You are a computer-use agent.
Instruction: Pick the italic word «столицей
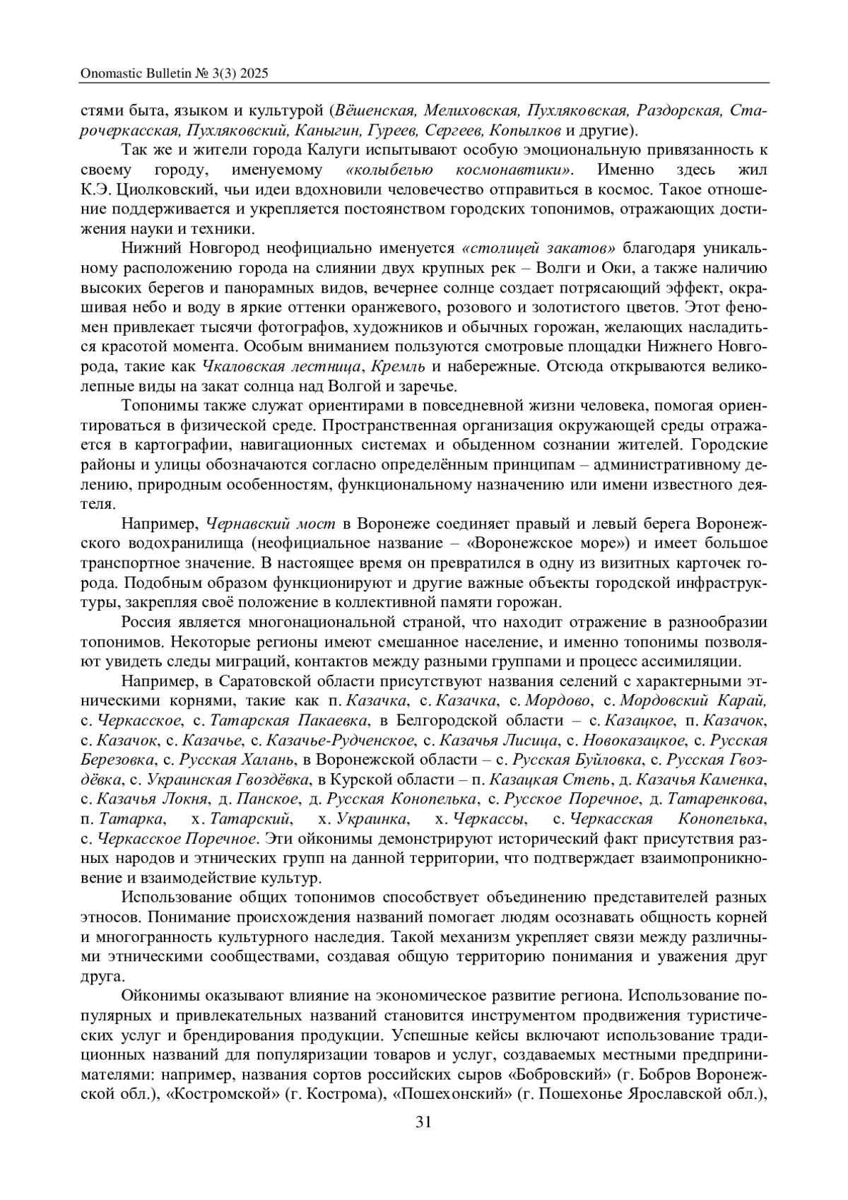click(501, 248)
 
